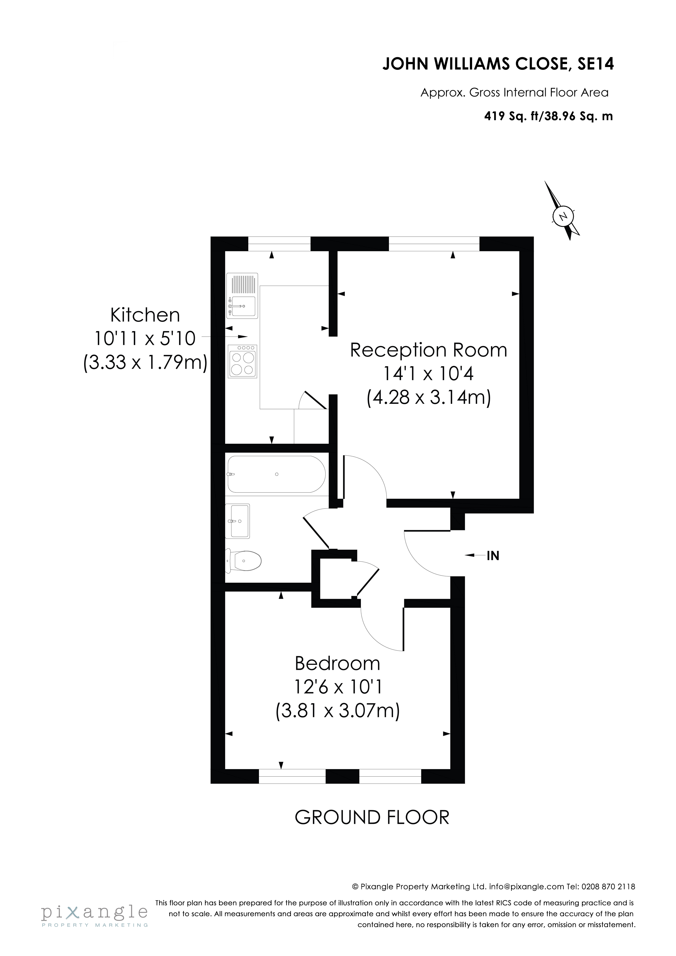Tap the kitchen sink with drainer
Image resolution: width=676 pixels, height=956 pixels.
(x=242, y=295)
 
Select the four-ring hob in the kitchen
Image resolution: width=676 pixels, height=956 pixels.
(x=242, y=361)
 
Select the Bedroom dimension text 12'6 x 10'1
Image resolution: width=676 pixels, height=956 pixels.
(x=338, y=687)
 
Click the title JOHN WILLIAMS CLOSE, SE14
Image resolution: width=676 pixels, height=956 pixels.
(x=498, y=64)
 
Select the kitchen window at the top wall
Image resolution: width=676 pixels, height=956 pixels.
(x=279, y=244)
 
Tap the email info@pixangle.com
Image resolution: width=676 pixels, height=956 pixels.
(x=526, y=887)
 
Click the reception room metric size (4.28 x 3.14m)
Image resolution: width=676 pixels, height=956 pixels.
(x=428, y=397)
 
